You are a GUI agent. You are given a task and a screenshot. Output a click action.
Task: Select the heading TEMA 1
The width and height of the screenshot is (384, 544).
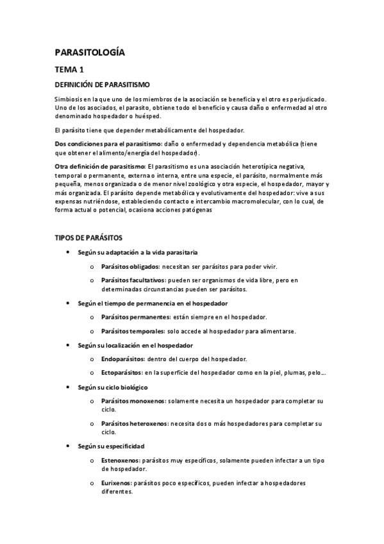[69, 69]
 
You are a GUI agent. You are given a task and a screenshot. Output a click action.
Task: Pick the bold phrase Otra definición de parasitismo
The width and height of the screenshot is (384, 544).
[99, 167]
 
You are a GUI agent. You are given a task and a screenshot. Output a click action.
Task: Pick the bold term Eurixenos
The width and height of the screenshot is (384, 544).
[117, 483]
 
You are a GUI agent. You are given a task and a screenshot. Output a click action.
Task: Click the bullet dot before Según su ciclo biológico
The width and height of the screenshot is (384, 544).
[68, 387]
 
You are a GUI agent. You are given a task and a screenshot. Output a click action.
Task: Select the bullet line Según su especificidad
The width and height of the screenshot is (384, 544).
[111, 445]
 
